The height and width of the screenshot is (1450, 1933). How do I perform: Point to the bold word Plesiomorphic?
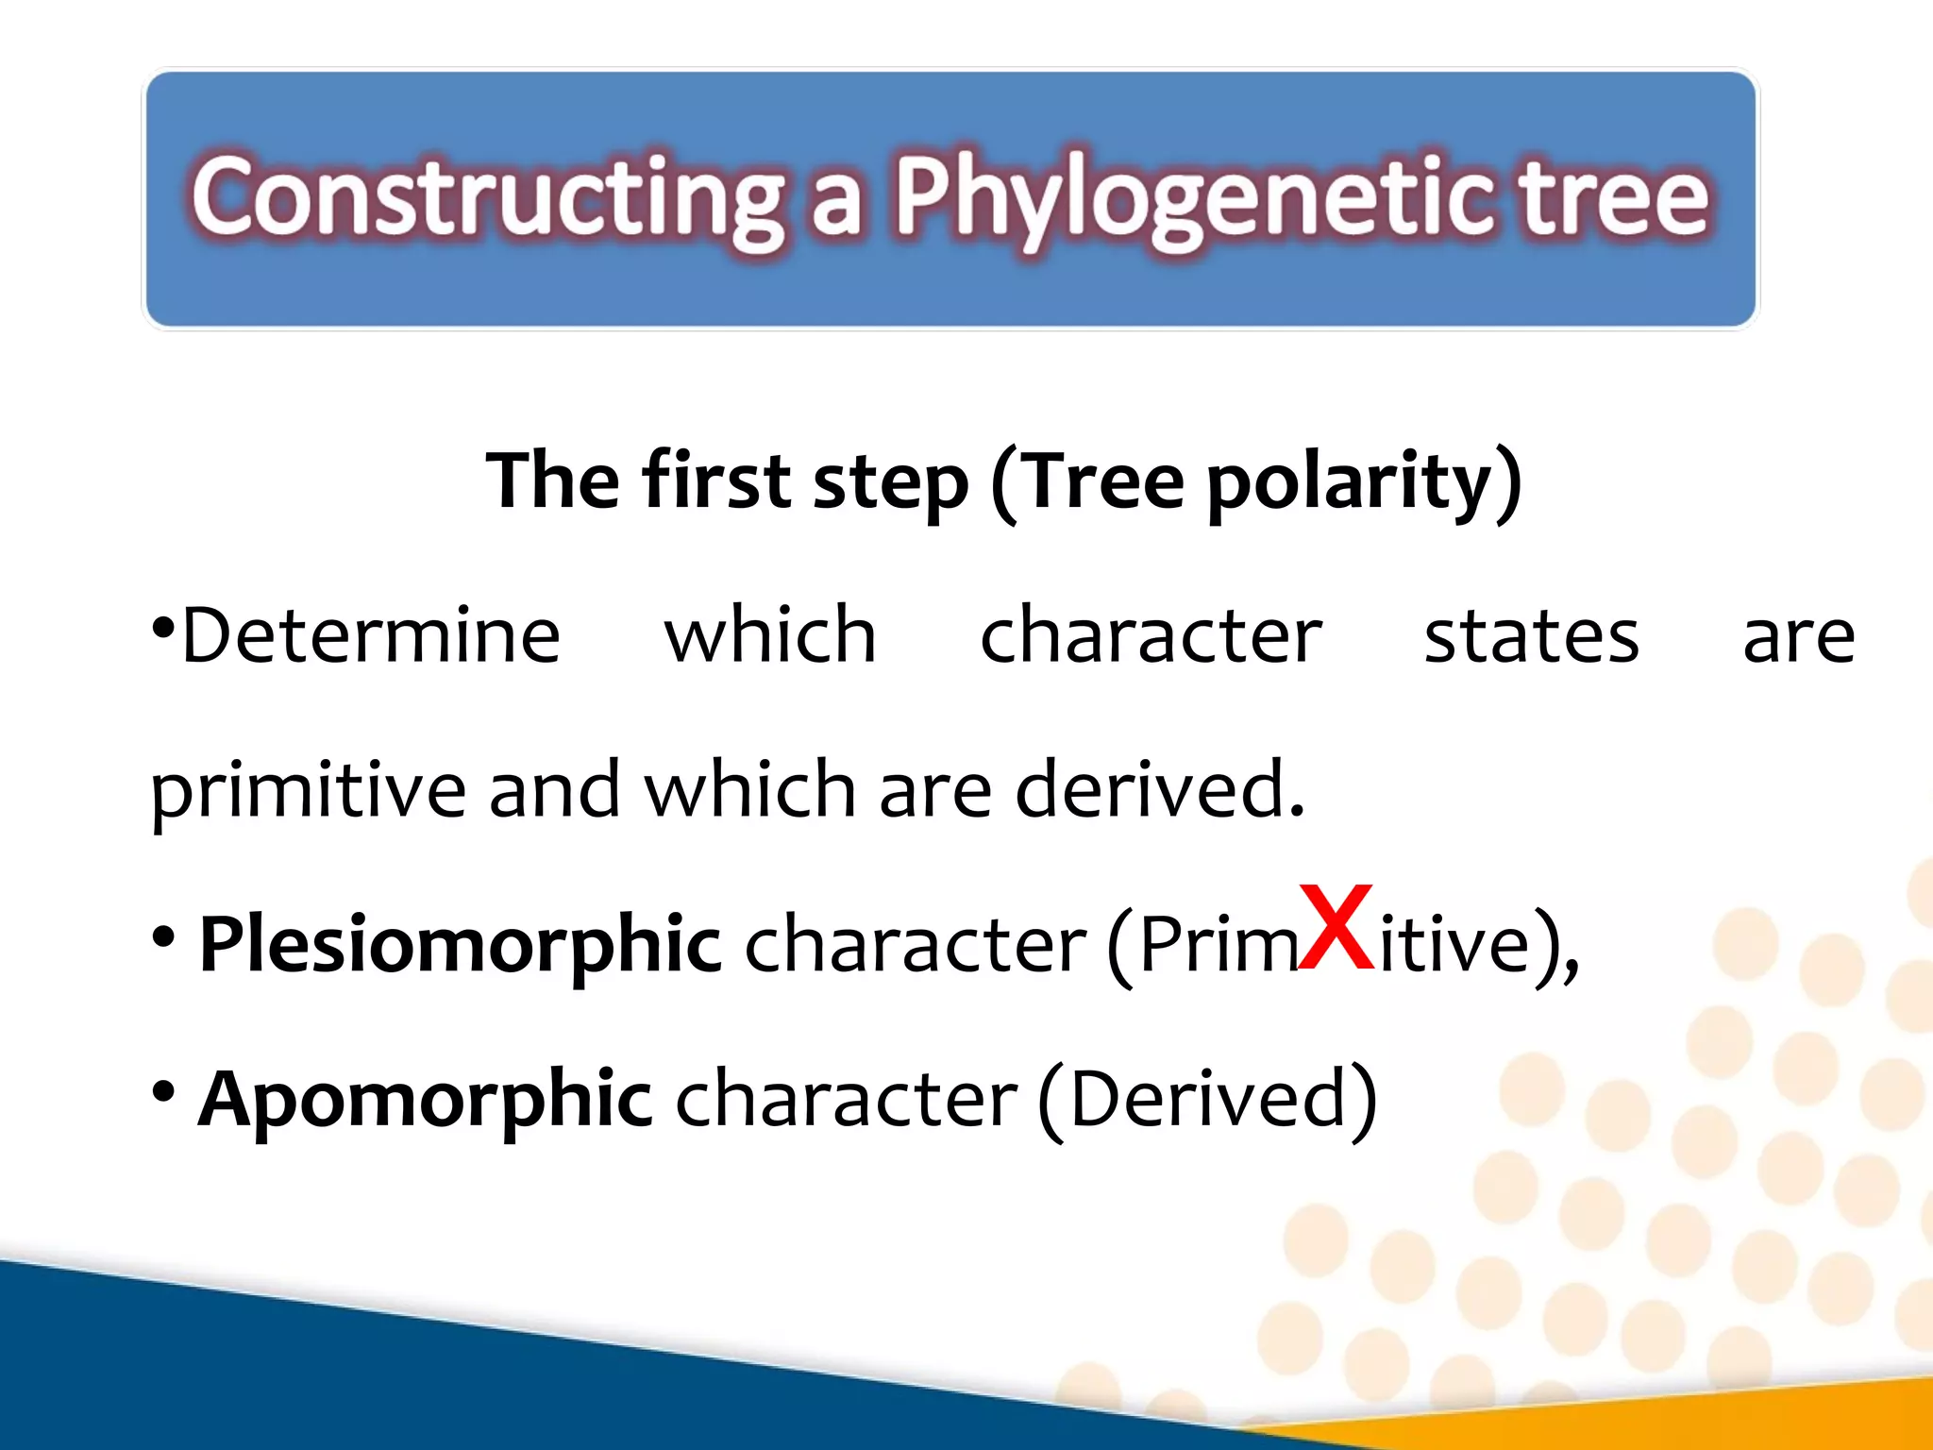click(461, 945)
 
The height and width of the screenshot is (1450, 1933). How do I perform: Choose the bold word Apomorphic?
click(425, 1099)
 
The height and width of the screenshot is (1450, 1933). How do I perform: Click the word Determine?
click(371, 635)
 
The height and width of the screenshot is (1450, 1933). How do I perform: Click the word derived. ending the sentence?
click(1160, 789)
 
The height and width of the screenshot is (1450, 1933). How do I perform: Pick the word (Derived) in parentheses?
click(1207, 1099)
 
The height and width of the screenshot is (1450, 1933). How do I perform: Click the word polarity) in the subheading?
click(1364, 481)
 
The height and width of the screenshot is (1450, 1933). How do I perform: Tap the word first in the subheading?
click(716, 481)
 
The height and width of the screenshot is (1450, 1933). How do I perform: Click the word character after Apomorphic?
click(847, 1099)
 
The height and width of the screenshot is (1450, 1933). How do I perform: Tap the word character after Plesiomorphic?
click(916, 945)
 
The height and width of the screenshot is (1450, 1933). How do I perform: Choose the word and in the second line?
click(554, 789)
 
